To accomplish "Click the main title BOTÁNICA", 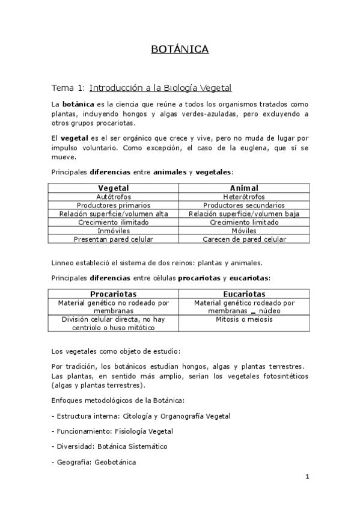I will coord(180,49).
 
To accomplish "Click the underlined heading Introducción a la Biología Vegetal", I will coord(160,88).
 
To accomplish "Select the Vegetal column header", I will coord(114,188).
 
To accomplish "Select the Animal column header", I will coord(244,188).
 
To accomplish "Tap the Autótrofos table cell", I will coord(114,197).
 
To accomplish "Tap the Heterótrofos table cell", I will coord(244,197).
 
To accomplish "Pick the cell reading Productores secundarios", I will coord(244,205).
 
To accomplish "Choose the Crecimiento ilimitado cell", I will coord(114,222).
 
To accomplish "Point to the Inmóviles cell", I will coord(114,230).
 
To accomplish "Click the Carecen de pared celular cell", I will coord(244,239).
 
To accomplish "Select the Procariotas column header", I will coord(114,293).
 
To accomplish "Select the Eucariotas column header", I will coord(244,293).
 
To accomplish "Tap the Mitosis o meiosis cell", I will coord(244,319).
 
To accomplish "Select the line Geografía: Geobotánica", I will coord(94,462).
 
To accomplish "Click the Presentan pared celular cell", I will coord(114,239).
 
